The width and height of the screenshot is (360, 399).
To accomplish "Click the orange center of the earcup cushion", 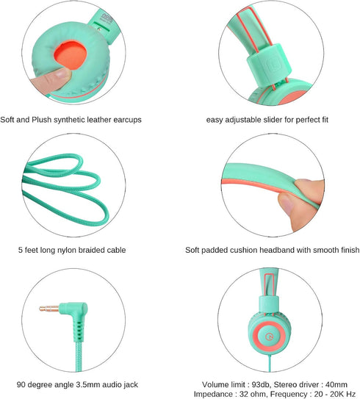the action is point(71,55).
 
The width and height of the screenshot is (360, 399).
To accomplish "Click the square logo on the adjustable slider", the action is point(274,66).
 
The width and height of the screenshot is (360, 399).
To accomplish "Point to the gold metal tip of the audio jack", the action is point(48,309).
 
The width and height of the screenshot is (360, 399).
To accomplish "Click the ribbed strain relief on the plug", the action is point(79,330).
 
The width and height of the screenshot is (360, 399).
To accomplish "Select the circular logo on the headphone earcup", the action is point(269,337).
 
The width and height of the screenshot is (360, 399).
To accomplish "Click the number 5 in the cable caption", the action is point(21,250).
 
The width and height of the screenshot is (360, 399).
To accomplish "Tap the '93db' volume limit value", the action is point(261,384).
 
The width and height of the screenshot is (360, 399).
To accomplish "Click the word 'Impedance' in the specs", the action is point(212,394).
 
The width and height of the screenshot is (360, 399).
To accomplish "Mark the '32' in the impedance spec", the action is point(244,394).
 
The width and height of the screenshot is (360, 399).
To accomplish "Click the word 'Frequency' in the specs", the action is point(288,394).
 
